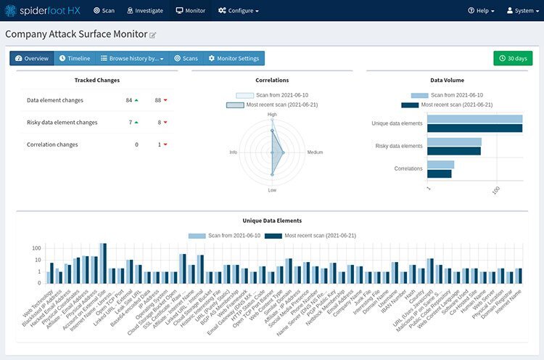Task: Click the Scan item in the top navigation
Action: [x=104, y=11]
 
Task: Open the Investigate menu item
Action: [x=144, y=11]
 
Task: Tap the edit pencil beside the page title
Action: [x=152, y=35]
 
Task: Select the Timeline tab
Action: [x=74, y=58]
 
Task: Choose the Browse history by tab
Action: [x=132, y=58]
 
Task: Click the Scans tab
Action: [x=185, y=58]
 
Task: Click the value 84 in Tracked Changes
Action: [x=128, y=100]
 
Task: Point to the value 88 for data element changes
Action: [x=157, y=100]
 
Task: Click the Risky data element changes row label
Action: [x=62, y=123]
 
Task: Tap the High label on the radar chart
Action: [x=272, y=114]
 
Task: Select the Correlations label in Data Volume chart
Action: [x=408, y=168]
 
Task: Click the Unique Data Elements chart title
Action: [x=272, y=220]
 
